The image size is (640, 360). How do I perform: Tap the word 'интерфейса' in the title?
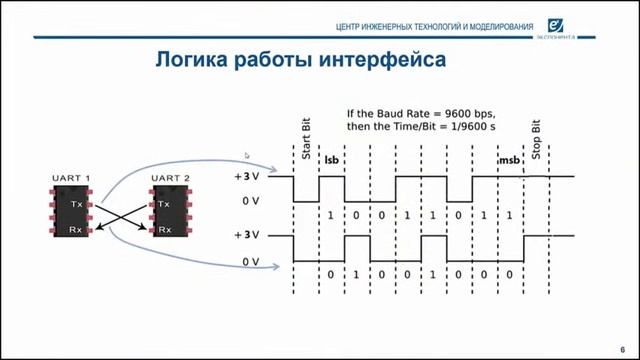(383, 61)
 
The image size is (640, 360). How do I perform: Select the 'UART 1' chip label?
(71, 179)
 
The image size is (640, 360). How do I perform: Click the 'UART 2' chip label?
(170, 179)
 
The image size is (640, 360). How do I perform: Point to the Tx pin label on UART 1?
(77, 203)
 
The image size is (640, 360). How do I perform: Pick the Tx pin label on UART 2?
(164, 203)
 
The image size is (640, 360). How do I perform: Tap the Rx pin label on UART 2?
(164, 229)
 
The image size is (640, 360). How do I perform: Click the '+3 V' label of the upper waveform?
(246, 177)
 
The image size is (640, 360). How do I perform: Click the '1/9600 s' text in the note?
(473, 127)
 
